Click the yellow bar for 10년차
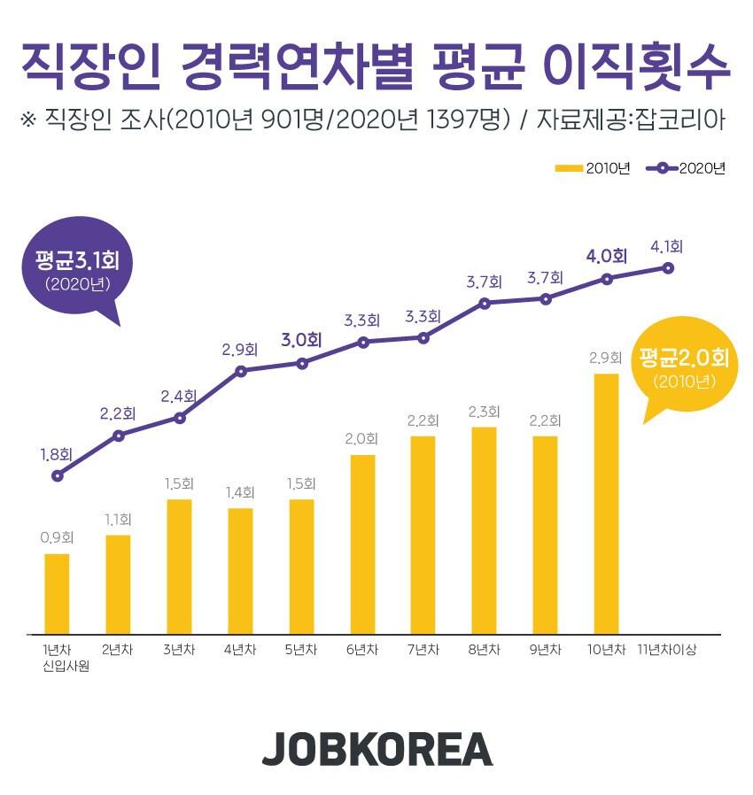pos(605,504)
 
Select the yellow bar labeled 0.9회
pos(57,594)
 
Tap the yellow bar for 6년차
pos(362,544)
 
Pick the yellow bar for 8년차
pos(484,530)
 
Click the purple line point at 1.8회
pos(58,475)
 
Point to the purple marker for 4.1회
pos(669,267)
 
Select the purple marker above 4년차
pos(241,370)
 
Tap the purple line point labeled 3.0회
pos(302,362)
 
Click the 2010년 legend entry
pos(592,169)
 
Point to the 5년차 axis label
pos(301,651)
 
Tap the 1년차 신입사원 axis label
pos(58,659)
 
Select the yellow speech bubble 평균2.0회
pos(683,367)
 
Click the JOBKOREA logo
pos(376,749)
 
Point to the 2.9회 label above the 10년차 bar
pos(605,359)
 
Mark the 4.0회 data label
pos(606,257)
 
